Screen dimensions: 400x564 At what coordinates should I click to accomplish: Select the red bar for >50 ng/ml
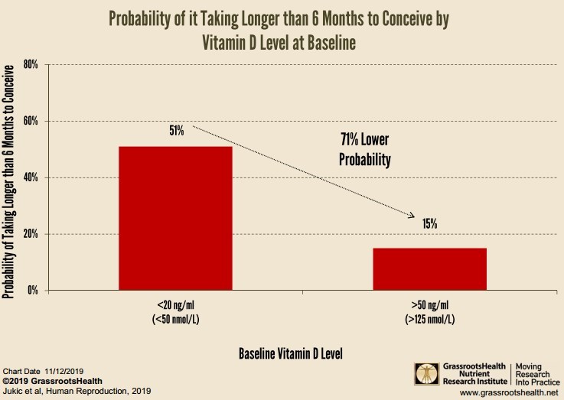point(429,268)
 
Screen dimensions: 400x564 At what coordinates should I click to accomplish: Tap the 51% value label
point(176,131)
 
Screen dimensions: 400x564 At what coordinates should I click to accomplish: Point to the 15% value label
point(429,224)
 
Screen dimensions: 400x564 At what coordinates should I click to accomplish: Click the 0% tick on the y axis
point(32,291)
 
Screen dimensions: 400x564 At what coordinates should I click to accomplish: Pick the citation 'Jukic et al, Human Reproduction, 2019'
point(77,391)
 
